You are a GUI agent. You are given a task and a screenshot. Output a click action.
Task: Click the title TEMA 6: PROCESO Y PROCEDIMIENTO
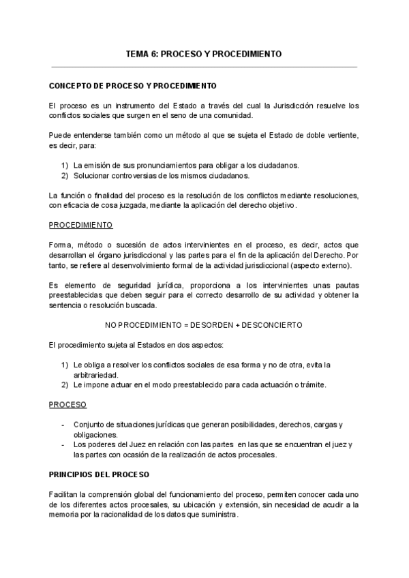204,53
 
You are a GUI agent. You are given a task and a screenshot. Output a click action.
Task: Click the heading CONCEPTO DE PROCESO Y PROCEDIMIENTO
133,87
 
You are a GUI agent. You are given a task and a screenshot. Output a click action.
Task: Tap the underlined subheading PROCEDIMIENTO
81,226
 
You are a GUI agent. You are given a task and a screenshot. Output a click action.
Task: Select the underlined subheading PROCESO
67,405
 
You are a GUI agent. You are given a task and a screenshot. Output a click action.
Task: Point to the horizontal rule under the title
204,67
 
